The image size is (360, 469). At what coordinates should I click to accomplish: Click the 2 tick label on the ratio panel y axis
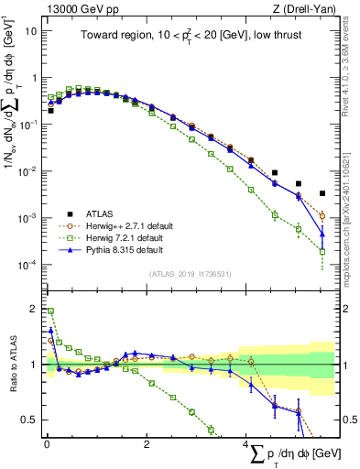pos(35,308)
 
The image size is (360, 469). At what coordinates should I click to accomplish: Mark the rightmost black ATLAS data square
pos(322,193)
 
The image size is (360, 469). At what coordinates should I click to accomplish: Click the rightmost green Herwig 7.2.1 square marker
pos(322,251)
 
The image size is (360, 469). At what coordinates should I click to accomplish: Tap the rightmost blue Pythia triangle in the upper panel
pos(322,233)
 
